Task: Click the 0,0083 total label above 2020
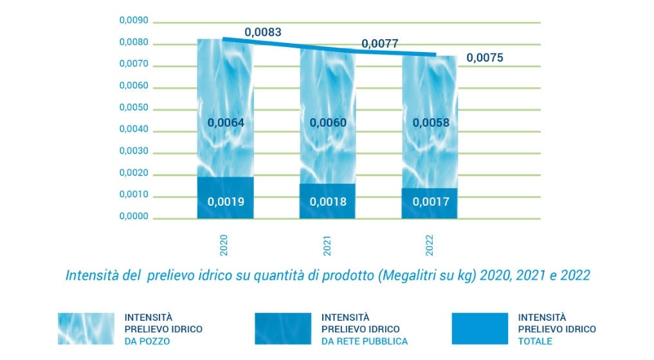pyautogui.click(x=262, y=32)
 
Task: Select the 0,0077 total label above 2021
pyautogui.click(x=379, y=44)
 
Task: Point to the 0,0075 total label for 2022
pyautogui.click(x=484, y=58)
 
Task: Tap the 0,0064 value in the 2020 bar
pyautogui.click(x=226, y=123)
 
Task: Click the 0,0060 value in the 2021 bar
pyautogui.click(x=328, y=123)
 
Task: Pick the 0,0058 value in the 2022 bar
pyautogui.click(x=430, y=123)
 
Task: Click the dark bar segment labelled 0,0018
pyautogui.click(x=328, y=201)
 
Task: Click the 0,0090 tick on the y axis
pyautogui.click(x=134, y=21)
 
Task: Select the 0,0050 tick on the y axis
pyautogui.click(x=134, y=108)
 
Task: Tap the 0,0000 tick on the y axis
pyautogui.click(x=134, y=217)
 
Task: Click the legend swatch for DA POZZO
pyautogui.click(x=85, y=328)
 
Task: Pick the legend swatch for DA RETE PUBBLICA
pyautogui.click(x=282, y=328)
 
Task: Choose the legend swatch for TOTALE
pyautogui.click(x=479, y=328)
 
